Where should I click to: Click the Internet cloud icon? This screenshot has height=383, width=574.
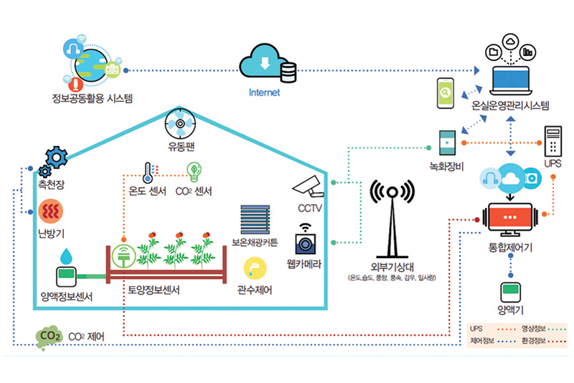click(267, 65)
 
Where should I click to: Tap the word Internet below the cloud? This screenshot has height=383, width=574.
click(264, 93)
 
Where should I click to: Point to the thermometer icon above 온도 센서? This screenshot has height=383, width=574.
click(147, 172)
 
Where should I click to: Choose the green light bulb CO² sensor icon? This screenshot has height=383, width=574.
click(194, 171)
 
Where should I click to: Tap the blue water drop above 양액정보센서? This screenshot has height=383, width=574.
click(66, 255)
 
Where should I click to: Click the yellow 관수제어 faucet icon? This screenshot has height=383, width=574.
click(254, 269)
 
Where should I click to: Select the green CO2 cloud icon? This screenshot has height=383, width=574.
click(50, 336)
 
